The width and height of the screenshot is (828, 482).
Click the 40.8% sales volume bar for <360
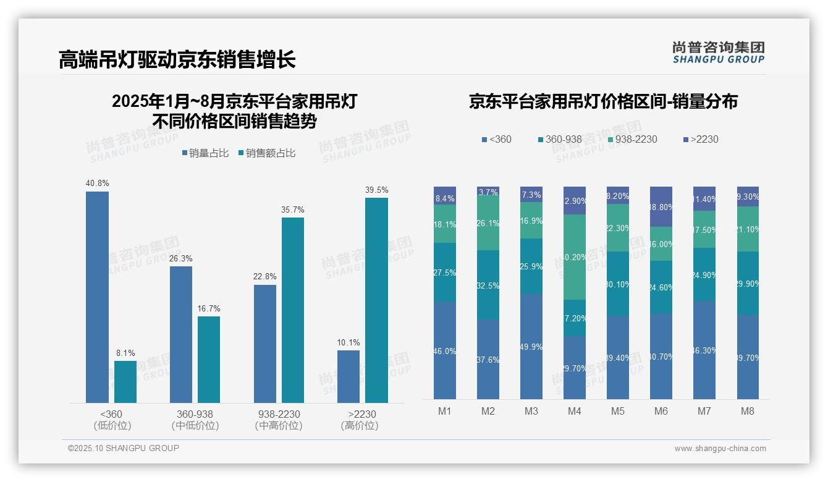[x=97, y=297]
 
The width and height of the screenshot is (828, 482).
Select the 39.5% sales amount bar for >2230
[x=376, y=300]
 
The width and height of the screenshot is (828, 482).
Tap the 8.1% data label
[x=125, y=353]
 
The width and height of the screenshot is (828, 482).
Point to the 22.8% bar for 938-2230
[x=265, y=344]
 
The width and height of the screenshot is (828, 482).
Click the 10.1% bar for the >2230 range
[x=349, y=376]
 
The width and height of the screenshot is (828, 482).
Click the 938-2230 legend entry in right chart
[x=632, y=139]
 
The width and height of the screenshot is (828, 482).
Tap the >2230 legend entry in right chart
[x=701, y=139]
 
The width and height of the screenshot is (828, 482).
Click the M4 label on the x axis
[x=575, y=412]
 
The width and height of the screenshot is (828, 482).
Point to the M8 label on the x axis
[x=748, y=412]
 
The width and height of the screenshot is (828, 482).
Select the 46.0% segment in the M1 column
[x=445, y=350]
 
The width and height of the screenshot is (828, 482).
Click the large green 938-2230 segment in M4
[x=575, y=257]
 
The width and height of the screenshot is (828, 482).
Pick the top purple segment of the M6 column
[x=661, y=206]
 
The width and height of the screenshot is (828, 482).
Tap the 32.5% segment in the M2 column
[x=488, y=285]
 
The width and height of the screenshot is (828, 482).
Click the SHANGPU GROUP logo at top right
[x=718, y=53]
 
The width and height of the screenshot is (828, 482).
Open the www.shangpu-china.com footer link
[x=720, y=449]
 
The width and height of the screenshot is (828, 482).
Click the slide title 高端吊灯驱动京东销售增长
[x=177, y=59]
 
